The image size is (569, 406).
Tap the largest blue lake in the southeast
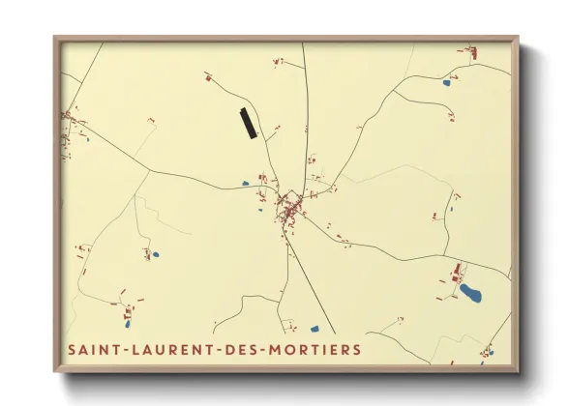[471, 291]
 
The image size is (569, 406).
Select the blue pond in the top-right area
[446, 83]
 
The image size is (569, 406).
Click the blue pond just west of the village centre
[246, 182]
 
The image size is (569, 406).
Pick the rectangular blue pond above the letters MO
[314, 329]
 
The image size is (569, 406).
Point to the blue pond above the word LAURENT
[154, 256]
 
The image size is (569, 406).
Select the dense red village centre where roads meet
[287, 207]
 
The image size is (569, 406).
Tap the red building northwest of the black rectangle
[208, 75]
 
